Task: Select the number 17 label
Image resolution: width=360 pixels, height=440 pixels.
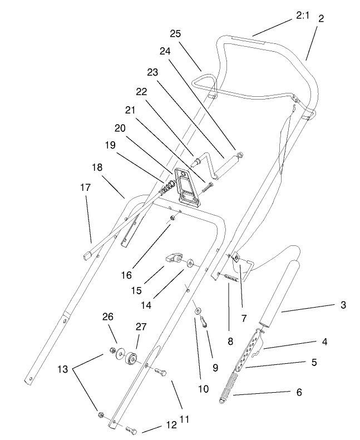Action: click(85, 188)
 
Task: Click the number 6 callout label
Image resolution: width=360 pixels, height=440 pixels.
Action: click(298, 393)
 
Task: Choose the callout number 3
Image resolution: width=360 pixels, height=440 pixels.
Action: click(343, 305)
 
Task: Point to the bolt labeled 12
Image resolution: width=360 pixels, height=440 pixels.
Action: click(131, 430)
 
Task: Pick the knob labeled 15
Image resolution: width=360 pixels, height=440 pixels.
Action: click(174, 258)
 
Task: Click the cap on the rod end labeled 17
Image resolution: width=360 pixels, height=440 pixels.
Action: click(88, 255)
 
